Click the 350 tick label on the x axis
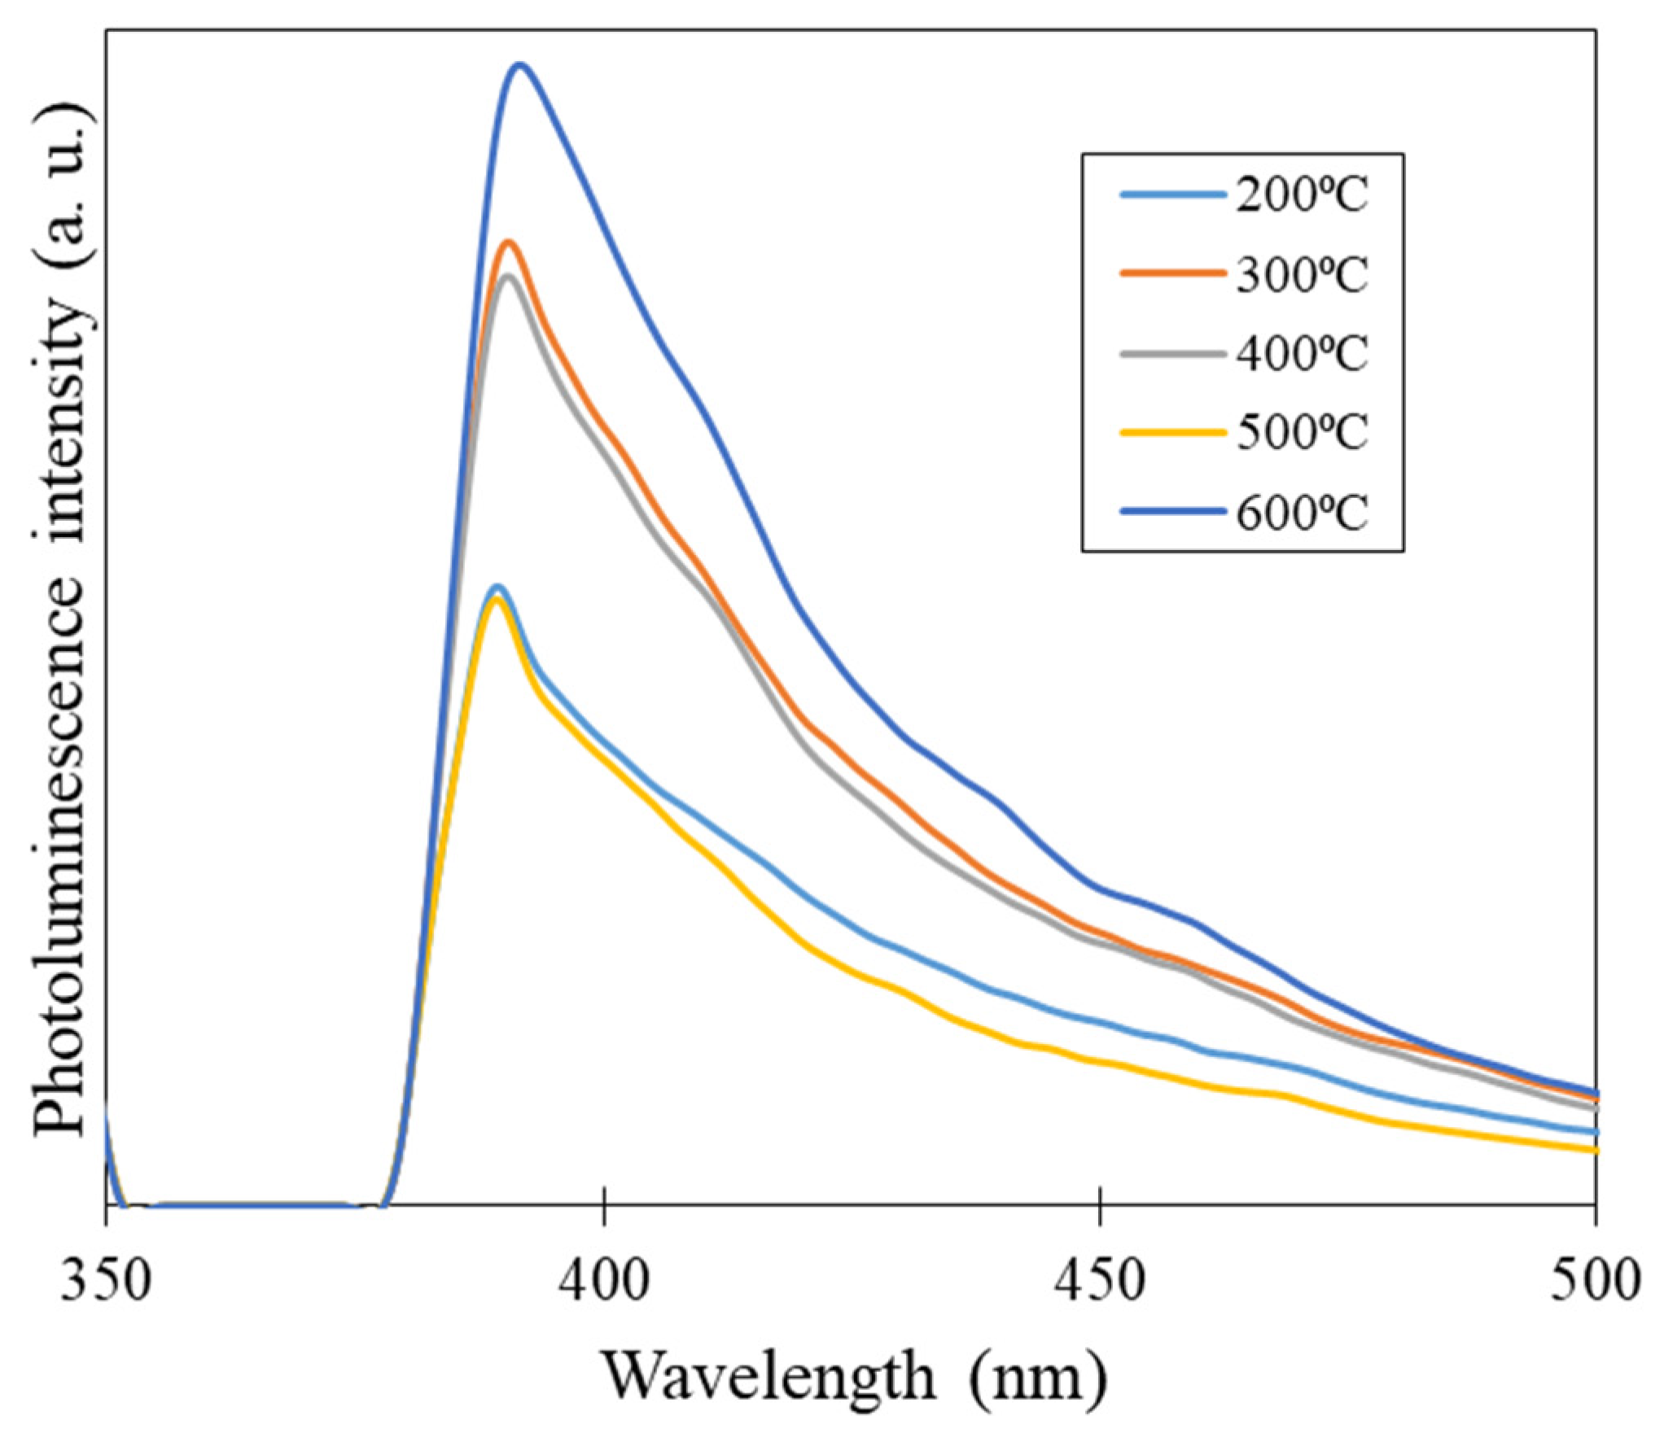pyautogui.click(x=106, y=1282)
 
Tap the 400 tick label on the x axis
pyautogui.click(x=603, y=1282)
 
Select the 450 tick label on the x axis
pyautogui.click(x=1100, y=1282)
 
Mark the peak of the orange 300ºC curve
pyautogui.click(x=509, y=242)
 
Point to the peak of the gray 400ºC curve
pyautogui.click(x=509, y=277)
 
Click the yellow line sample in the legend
pyautogui.click(x=1173, y=433)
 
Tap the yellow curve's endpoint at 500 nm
pyautogui.click(x=1594, y=1150)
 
